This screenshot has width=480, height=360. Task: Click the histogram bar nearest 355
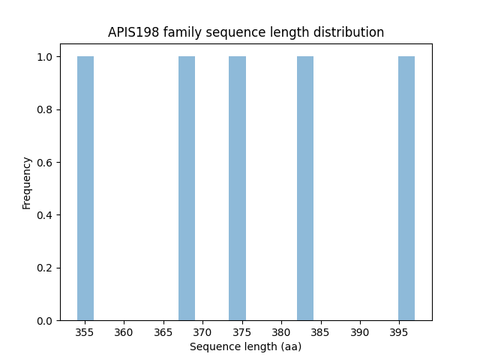(x=85, y=188)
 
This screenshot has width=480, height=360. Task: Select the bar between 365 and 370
(x=187, y=188)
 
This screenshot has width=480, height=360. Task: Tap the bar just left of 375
(x=237, y=188)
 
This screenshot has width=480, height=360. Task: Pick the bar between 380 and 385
(x=305, y=188)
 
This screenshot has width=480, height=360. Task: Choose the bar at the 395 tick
(x=406, y=188)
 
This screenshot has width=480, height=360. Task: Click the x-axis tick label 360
(x=124, y=332)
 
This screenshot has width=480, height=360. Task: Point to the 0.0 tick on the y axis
(x=46, y=321)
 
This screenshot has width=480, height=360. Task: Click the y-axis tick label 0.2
(x=46, y=268)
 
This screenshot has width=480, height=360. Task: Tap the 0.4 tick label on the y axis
(x=46, y=215)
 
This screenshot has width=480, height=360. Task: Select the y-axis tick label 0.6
(x=46, y=163)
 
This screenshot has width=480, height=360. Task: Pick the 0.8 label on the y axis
(x=46, y=110)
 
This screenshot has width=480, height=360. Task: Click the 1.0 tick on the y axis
(x=46, y=57)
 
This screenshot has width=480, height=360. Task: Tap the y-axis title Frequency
(x=27, y=183)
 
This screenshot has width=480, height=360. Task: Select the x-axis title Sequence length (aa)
(x=245, y=346)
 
